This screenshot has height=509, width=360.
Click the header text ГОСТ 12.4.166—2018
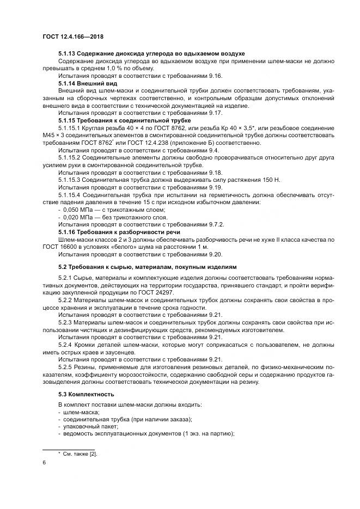pos(73,36)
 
